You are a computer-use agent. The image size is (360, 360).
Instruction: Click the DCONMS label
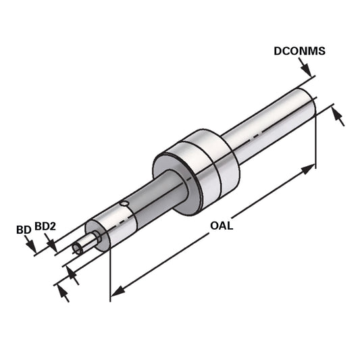300,51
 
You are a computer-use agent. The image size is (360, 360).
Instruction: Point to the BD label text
23,230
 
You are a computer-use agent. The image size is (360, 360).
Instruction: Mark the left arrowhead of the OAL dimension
117,291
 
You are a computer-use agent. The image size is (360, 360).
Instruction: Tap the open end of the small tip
77,249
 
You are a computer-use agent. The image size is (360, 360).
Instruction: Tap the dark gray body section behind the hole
145,206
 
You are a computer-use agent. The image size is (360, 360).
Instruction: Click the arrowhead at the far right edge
340,119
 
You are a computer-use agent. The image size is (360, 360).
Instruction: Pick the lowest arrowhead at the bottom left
62,291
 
